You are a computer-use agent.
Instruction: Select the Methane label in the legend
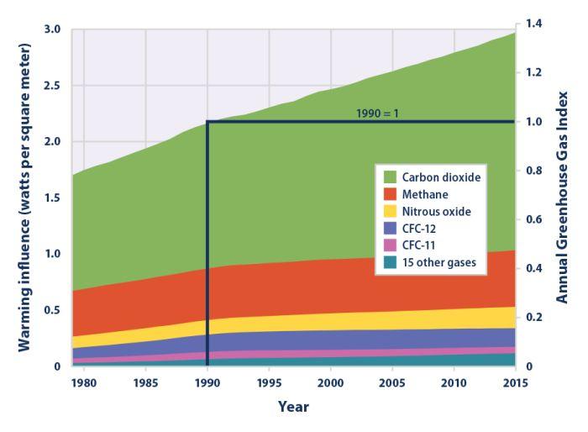pyautogui.click(x=425, y=194)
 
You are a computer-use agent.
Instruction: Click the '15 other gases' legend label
pyautogui.click(x=440, y=262)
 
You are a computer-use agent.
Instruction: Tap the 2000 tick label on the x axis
pyautogui.click(x=331, y=383)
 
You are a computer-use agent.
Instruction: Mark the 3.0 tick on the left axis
pyautogui.click(x=53, y=29)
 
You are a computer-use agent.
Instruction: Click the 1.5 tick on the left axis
pyautogui.click(x=53, y=198)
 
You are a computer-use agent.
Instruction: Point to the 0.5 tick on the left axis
pyautogui.click(x=53, y=310)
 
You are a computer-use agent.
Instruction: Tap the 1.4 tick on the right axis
pyautogui.click(x=533, y=24)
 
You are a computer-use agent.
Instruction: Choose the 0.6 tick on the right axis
pyautogui.click(x=533, y=219)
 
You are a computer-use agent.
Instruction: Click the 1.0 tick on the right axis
pyautogui.click(x=533, y=122)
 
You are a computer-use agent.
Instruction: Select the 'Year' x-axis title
pyautogui.click(x=293, y=407)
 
